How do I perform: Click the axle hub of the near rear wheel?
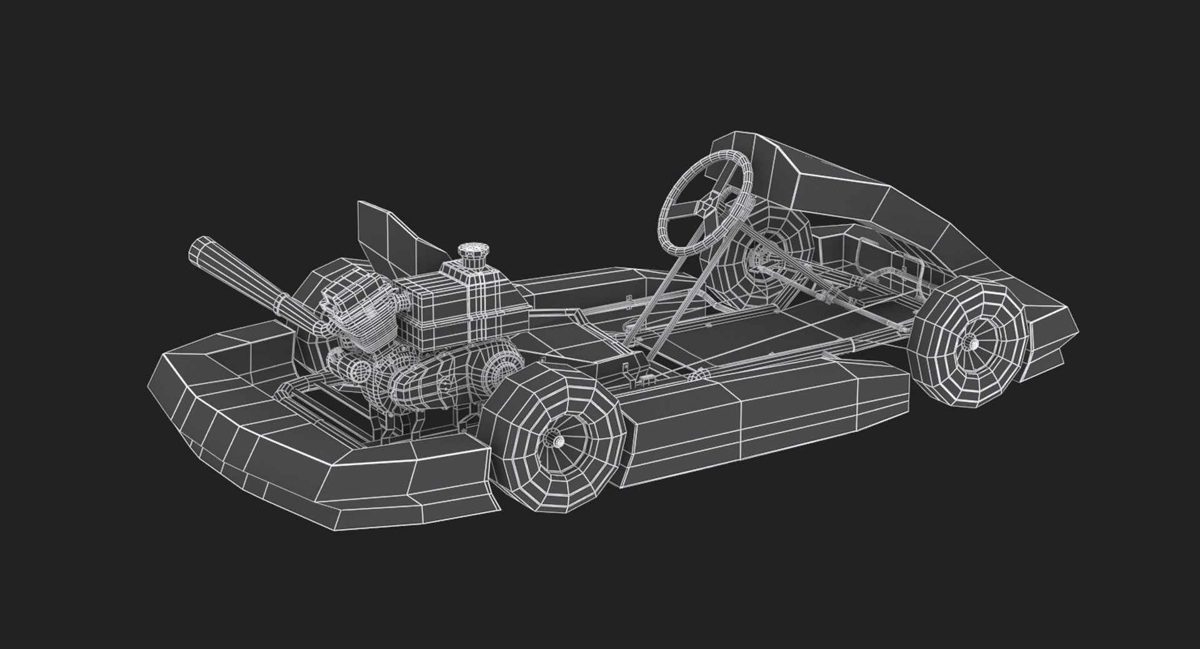pyautogui.click(x=559, y=441)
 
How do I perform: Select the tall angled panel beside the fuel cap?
pyautogui.click(x=391, y=238)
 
